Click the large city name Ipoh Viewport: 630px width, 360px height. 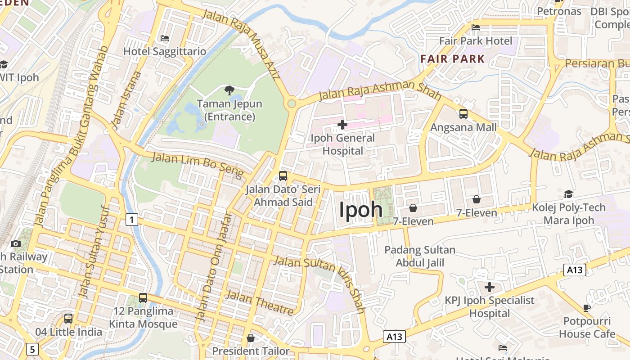pyautogui.click(x=361, y=210)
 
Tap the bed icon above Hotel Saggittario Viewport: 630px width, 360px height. pyautogui.click(x=165, y=38)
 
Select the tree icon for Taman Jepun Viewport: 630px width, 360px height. pyautogui.click(x=229, y=90)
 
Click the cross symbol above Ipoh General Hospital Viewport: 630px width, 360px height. pyautogui.click(x=342, y=124)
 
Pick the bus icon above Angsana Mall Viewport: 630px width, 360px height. pyautogui.click(x=463, y=114)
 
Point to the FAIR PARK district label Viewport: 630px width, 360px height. pyautogui.click(x=453, y=59)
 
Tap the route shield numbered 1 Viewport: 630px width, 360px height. pyautogui.click(x=131, y=220)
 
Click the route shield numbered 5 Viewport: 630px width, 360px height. pyautogui.click(x=32, y=349)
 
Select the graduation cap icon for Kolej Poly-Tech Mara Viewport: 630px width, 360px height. pyautogui.click(x=569, y=194)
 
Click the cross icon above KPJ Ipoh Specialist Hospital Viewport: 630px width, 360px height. pyautogui.click(x=490, y=287)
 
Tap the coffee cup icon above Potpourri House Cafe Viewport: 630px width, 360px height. pyautogui.click(x=587, y=308)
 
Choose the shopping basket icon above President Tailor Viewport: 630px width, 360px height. pyautogui.click(x=251, y=338)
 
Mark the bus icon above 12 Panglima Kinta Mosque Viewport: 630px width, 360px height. pyautogui.click(x=143, y=298)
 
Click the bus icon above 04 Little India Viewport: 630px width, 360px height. pyautogui.click(x=68, y=319)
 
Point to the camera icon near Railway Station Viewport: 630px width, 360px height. pyautogui.click(x=16, y=243)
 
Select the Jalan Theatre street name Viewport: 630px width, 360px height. pyautogui.click(x=260, y=302)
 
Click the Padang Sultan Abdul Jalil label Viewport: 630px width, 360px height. pyautogui.click(x=420, y=256)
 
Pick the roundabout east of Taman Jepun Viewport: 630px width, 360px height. pyautogui.click(x=292, y=104)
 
